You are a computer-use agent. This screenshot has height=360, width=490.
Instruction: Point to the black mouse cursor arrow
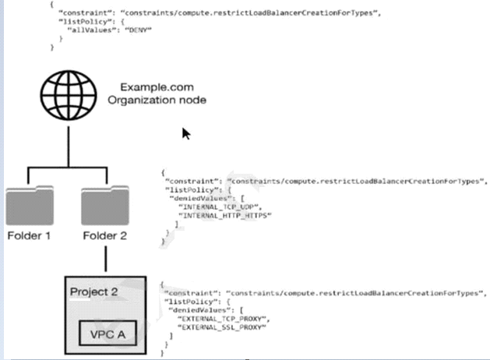(186, 133)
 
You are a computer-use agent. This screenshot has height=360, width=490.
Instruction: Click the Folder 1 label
(30, 235)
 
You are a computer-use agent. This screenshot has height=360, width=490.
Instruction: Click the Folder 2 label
(104, 235)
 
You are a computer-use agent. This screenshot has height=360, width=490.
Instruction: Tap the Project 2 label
(93, 292)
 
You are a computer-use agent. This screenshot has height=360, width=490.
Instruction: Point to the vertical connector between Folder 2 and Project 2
(104, 257)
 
